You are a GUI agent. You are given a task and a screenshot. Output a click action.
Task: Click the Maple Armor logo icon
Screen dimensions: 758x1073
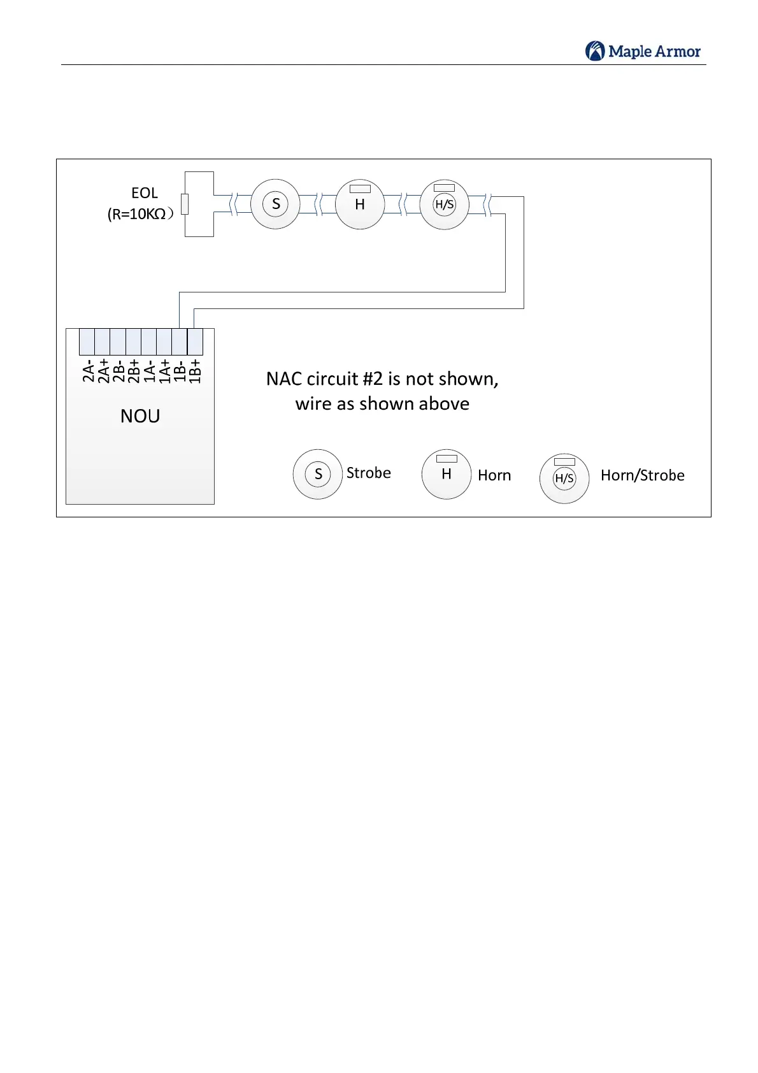tap(595, 51)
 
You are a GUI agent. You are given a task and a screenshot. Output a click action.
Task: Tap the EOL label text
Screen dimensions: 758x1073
tap(145, 193)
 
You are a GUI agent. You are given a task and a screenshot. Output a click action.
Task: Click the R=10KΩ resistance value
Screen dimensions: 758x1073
tap(139, 214)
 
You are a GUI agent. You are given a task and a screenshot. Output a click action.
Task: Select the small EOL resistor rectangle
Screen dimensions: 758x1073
tap(185, 204)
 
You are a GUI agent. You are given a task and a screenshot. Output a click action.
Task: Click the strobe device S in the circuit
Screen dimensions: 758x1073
tap(275, 204)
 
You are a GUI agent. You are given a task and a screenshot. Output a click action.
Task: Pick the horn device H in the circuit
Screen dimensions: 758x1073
tap(360, 204)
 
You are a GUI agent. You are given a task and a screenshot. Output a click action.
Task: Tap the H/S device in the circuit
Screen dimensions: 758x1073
tap(444, 205)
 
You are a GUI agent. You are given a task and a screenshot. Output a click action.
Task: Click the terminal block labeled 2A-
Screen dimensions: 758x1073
tap(87, 342)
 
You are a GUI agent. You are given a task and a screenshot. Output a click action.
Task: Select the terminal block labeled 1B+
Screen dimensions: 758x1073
tap(195, 342)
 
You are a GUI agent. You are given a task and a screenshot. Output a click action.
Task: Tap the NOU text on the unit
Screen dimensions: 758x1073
tap(140, 416)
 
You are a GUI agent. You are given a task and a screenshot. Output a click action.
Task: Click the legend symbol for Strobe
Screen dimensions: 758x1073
tap(318, 474)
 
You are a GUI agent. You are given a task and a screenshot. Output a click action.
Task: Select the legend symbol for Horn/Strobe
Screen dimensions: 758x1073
tap(564, 479)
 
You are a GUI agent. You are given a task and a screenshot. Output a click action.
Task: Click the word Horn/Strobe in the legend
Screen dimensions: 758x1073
tap(642, 475)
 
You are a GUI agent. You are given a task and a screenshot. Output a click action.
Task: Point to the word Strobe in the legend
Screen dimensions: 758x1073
tap(368, 473)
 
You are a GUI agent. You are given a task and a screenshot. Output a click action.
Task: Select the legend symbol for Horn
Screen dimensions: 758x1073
tap(447, 474)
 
